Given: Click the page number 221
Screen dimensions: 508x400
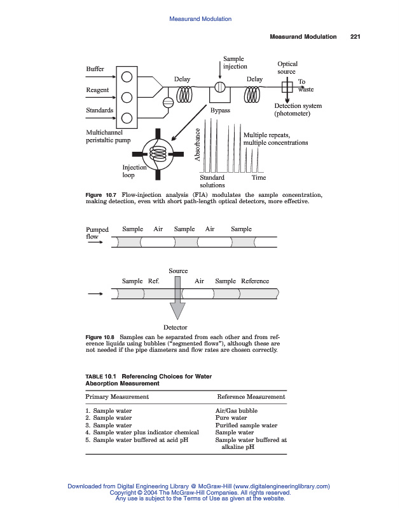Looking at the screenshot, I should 355,37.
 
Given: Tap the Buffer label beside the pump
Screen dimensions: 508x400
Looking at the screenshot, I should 95,69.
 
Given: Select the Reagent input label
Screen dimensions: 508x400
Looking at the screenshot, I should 97,90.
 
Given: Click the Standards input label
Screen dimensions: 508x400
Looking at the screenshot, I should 100,110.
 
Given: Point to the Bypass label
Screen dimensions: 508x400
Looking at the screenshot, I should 220,110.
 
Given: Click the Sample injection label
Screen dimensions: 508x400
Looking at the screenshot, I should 235,62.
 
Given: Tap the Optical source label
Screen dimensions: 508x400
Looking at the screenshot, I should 287,68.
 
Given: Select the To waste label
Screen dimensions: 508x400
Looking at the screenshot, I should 305,86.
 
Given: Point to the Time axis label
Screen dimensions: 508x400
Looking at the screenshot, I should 259,178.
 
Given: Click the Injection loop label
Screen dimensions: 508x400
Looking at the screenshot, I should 134,171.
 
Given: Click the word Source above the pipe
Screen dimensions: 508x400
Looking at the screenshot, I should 178,271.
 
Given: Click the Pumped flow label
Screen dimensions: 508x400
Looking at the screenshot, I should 97,233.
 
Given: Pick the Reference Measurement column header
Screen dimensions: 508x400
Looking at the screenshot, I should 251,397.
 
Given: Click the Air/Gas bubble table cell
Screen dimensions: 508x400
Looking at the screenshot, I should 237,411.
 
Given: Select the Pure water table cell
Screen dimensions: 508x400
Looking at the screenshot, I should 231,418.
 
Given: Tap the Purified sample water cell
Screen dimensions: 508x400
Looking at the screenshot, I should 246,425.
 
